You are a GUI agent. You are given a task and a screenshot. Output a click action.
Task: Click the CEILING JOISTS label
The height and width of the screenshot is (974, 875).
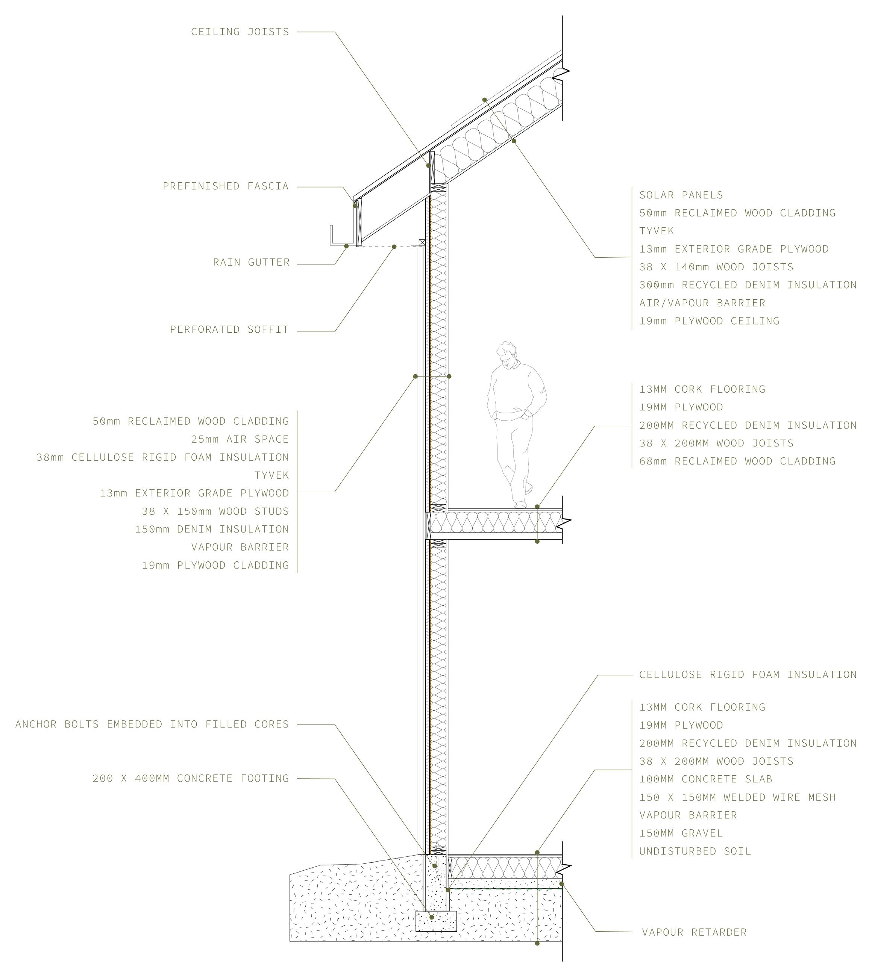pyautogui.click(x=240, y=32)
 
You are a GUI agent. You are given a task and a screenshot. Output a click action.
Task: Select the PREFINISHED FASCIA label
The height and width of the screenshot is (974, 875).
pyautogui.click(x=226, y=186)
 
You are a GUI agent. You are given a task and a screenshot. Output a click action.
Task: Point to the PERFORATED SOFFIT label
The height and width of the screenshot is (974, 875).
pyautogui.click(x=229, y=330)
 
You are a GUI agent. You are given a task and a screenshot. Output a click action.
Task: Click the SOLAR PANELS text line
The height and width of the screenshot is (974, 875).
pyautogui.click(x=681, y=195)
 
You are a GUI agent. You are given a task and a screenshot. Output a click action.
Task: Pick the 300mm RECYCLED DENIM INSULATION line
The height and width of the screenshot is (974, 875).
pyautogui.click(x=748, y=285)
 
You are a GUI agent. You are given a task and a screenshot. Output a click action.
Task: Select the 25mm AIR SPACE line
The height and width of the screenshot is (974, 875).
pyautogui.click(x=240, y=439)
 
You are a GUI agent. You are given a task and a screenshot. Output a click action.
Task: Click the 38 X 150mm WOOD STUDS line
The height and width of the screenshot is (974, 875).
pyautogui.click(x=215, y=511)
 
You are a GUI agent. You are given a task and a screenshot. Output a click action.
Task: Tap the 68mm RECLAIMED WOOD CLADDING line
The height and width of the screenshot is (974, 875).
pyautogui.click(x=737, y=461)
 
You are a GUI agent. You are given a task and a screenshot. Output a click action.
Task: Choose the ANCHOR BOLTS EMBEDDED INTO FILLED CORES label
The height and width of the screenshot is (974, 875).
pyautogui.click(x=152, y=724)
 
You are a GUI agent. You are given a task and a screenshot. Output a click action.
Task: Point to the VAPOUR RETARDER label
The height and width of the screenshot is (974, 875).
pyautogui.click(x=694, y=932)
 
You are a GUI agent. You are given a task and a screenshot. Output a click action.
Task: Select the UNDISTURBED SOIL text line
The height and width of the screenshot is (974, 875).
pyautogui.click(x=695, y=851)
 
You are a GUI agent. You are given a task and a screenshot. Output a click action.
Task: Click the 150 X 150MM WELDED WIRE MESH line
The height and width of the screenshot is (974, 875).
pyautogui.click(x=737, y=797)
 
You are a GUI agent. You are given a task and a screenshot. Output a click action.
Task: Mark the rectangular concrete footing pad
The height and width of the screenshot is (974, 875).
pyautogui.click(x=435, y=921)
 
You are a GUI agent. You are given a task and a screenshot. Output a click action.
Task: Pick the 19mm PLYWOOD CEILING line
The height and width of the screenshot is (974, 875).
pyautogui.click(x=709, y=321)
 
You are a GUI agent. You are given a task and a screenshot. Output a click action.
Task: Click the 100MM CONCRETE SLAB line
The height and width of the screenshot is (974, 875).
pyautogui.click(x=705, y=779)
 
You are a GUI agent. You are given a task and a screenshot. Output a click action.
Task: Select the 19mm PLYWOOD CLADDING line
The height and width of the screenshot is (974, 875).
pyautogui.click(x=215, y=565)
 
